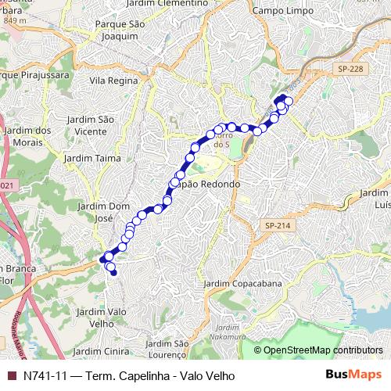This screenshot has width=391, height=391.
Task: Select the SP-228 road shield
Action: pos(353,70)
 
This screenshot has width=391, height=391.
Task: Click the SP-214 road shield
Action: pos(278,225)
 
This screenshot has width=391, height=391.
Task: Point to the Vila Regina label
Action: pos(114,81)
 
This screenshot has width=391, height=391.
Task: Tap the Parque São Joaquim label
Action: pos(120,30)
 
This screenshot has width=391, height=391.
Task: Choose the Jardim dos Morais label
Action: pos(28,136)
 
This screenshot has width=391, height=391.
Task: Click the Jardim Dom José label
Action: pos(103,212)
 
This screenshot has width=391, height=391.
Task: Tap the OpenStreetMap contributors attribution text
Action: pos(323,350)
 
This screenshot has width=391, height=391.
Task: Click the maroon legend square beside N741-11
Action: pos(11,376)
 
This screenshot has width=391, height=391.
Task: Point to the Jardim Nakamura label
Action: pos(227,332)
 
